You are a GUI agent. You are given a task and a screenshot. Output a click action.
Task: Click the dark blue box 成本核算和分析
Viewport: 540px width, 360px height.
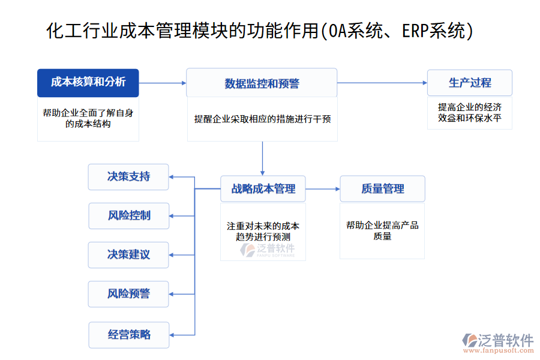pyautogui.click(x=88, y=83)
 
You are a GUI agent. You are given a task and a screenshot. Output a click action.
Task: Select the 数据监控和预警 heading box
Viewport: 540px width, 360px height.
pyautogui.click(x=262, y=83)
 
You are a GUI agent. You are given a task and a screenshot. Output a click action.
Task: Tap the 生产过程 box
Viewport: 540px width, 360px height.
pyautogui.click(x=470, y=83)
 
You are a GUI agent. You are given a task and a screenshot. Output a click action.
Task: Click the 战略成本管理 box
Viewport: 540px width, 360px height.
pyautogui.click(x=263, y=189)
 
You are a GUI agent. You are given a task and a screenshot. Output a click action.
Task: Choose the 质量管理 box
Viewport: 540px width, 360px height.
pyautogui.click(x=382, y=189)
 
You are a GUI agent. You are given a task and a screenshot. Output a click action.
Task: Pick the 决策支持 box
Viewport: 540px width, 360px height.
pyautogui.click(x=128, y=176)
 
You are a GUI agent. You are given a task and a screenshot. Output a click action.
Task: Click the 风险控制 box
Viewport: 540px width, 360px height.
pyautogui.click(x=128, y=215)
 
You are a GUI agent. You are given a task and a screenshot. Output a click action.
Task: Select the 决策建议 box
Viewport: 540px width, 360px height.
pyautogui.click(x=128, y=254)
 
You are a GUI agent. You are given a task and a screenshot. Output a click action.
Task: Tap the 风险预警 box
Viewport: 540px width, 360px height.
pyautogui.click(x=128, y=294)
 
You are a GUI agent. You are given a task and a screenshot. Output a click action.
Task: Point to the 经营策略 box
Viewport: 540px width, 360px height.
pyautogui.click(x=128, y=334)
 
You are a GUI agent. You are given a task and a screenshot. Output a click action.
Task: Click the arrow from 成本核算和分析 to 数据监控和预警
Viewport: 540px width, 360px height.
pyautogui.click(x=163, y=83)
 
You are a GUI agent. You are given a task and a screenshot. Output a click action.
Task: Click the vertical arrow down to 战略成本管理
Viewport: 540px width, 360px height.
pyautogui.click(x=262, y=159)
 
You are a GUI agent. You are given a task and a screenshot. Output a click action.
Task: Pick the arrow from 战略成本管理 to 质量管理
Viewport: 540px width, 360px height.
pyautogui.click(x=323, y=189)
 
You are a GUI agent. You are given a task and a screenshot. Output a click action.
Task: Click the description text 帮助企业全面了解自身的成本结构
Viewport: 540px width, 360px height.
pyautogui.click(x=88, y=118)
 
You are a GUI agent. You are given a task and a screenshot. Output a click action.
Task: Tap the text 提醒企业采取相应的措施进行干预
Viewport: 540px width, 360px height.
pyautogui.click(x=262, y=119)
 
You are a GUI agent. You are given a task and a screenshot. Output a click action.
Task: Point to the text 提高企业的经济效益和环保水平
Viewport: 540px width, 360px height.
pyautogui.click(x=470, y=113)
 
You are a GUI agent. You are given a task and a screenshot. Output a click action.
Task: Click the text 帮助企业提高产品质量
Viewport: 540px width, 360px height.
pyautogui.click(x=382, y=231)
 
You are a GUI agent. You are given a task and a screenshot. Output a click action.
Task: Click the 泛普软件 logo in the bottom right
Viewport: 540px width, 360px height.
pyautogui.click(x=498, y=341)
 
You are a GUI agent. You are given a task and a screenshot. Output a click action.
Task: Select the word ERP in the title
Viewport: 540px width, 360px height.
pyautogui.click(x=415, y=30)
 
